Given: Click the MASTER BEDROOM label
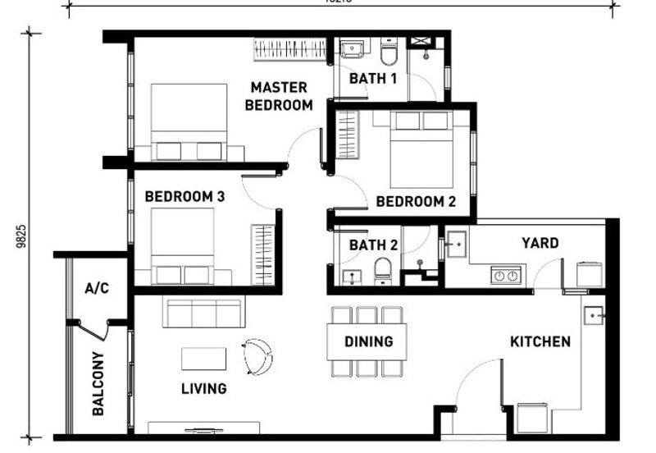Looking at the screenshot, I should point(279,96).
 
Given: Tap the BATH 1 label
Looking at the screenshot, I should point(373,79).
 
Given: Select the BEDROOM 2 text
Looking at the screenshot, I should point(416,201).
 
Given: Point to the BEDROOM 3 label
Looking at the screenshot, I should point(184,197).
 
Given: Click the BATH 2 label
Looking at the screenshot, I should point(373,245).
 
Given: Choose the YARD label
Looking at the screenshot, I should point(540,243).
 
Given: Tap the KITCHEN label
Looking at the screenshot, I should point(540,341).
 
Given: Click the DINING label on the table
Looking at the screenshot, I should point(368,341).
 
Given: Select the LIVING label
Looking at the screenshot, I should point(204,388).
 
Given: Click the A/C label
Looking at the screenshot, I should point(97,288).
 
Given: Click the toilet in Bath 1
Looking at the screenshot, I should point(389,52).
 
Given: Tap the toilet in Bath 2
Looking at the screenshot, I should point(383,270).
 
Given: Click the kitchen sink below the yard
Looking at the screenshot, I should point(594,314).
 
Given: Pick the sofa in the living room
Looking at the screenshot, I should point(203,312).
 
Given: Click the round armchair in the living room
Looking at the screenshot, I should point(257,355).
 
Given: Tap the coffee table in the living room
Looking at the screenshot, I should point(203,359).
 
